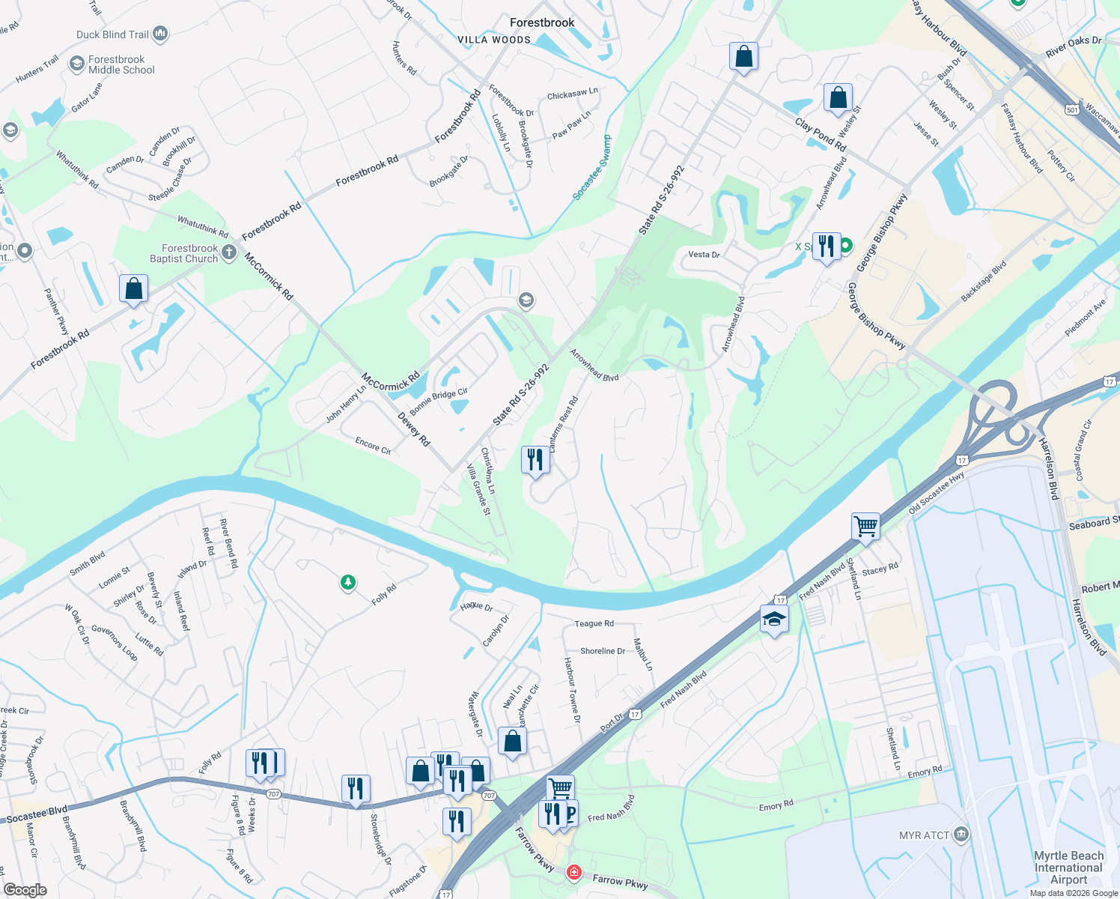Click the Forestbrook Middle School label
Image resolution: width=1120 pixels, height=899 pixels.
coord(121,64)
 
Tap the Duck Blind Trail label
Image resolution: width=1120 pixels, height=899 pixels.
coord(112,34)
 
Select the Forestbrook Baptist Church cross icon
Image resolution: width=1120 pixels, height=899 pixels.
coord(229,252)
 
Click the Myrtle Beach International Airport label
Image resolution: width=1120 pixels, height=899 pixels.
coord(1068,868)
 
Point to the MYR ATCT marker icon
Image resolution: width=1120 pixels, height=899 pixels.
coord(961,835)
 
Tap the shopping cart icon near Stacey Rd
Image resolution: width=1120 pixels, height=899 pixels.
coord(865,525)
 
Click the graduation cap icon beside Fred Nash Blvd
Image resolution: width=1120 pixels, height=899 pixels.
coord(774,620)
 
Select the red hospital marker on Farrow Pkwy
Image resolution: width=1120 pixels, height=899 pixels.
coord(573,873)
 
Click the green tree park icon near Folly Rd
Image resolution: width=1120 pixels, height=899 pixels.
coord(347,582)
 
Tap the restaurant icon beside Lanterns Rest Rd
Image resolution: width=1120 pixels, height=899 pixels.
coord(535,458)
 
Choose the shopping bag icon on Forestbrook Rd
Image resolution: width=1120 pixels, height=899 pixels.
coord(133,288)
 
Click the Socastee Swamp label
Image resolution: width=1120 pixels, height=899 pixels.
coord(592,167)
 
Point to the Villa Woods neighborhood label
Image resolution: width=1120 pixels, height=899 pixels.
coord(493,40)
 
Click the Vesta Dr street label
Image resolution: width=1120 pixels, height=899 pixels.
coord(704,255)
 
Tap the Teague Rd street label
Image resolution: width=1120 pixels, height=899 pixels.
coord(594,623)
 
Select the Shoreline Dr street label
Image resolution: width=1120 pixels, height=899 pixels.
coord(603,651)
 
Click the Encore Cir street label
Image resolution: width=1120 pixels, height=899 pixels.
coord(373,447)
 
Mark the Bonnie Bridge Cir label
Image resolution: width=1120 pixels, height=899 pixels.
coord(439,402)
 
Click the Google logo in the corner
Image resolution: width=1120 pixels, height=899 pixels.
coord(25,890)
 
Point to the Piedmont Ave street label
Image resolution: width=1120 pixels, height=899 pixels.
coord(1085,318)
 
